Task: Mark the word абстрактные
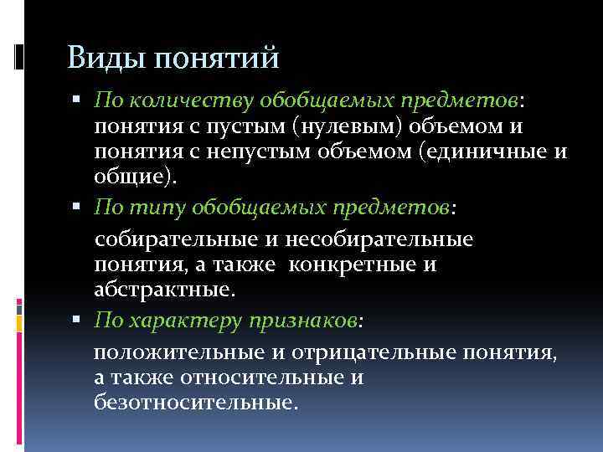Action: (x=163, y=290)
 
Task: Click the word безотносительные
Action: (x=194, y=403)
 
